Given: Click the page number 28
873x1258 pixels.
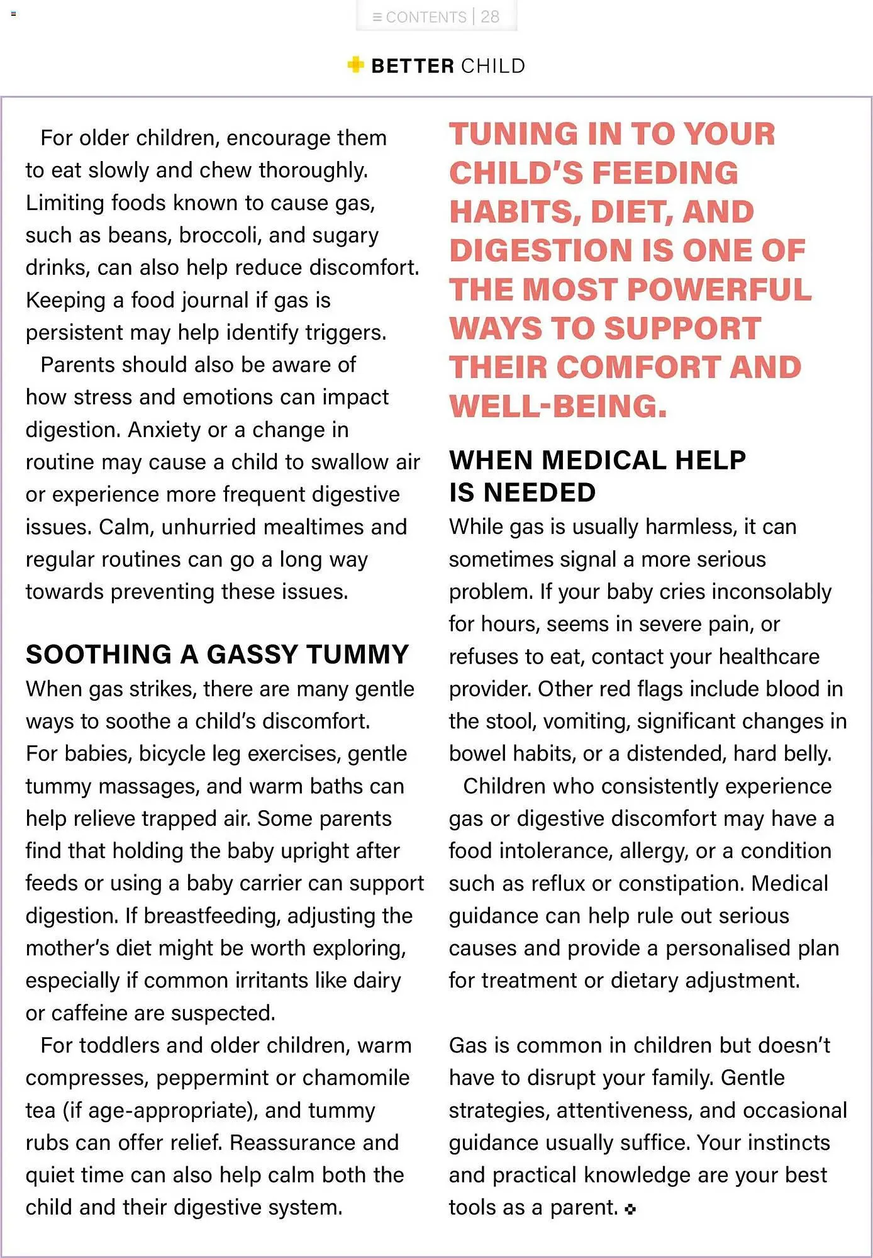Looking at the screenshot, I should [x=490, y=17].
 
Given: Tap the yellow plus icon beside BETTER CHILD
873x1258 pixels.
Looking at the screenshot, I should [x=355, y=65].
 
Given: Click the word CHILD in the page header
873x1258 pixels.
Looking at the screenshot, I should [x=492, y=66].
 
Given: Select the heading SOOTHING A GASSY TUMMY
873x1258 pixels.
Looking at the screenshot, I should [x=218, y=655].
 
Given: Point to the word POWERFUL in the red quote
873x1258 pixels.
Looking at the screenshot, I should [x=720, y=289].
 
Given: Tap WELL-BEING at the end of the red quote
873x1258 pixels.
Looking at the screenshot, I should [x=557, y=406].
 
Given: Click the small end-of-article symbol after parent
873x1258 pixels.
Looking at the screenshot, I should [x=631, y=1208].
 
